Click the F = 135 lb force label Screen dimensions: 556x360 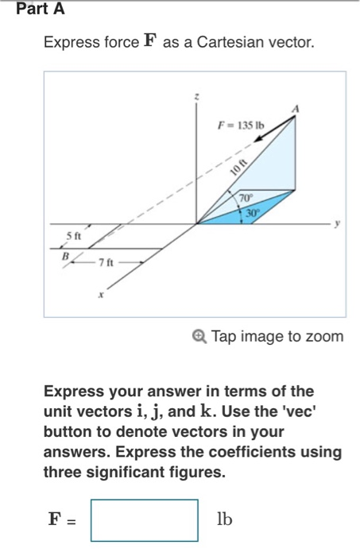[241, 125]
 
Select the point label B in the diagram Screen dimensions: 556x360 [67, 256]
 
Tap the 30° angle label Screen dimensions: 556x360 [252, 212]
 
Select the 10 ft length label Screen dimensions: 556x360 [234, 166]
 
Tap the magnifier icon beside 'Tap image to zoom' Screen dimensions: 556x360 [200, 337]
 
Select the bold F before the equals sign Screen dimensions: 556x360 [54, 519]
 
